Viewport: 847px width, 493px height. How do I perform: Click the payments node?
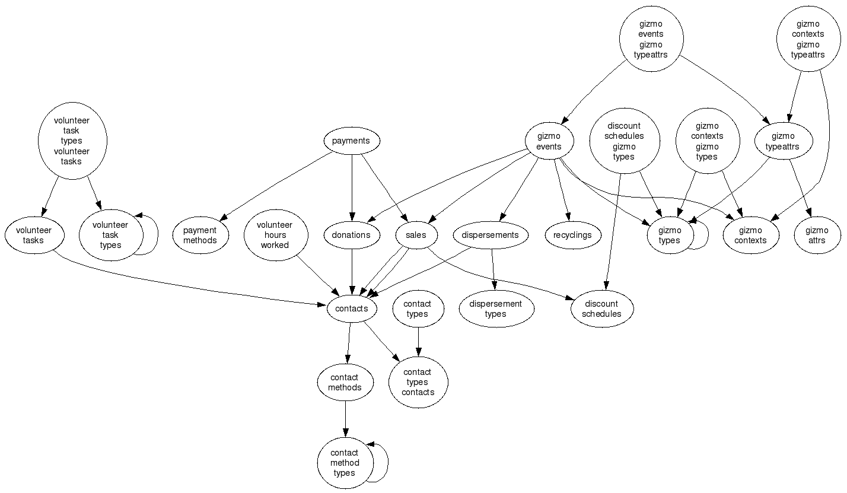[x=352, y=141]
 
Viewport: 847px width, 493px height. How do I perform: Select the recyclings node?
[x=573, y=235]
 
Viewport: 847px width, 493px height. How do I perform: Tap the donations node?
[x=352, y=235]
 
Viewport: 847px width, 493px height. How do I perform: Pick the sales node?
[x=416, y=235]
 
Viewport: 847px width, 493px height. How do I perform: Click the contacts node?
[x=352, y=308]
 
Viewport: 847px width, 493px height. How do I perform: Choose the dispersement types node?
[x=496, y=308]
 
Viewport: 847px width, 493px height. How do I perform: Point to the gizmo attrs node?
[x=817, y=235]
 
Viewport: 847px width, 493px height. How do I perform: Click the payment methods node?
[x=200, y=235]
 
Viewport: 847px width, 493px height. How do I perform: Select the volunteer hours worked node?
[x=276, y=235]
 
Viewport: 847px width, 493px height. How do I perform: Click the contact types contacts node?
[x=418, y=382]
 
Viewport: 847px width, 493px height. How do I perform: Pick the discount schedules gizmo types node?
[x=625, y=141]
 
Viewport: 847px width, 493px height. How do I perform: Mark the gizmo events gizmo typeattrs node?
[x=651, y=39]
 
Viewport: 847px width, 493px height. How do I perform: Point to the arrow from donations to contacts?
[x=352, y=272]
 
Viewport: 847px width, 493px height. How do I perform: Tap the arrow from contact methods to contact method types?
[x=345, y=419]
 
